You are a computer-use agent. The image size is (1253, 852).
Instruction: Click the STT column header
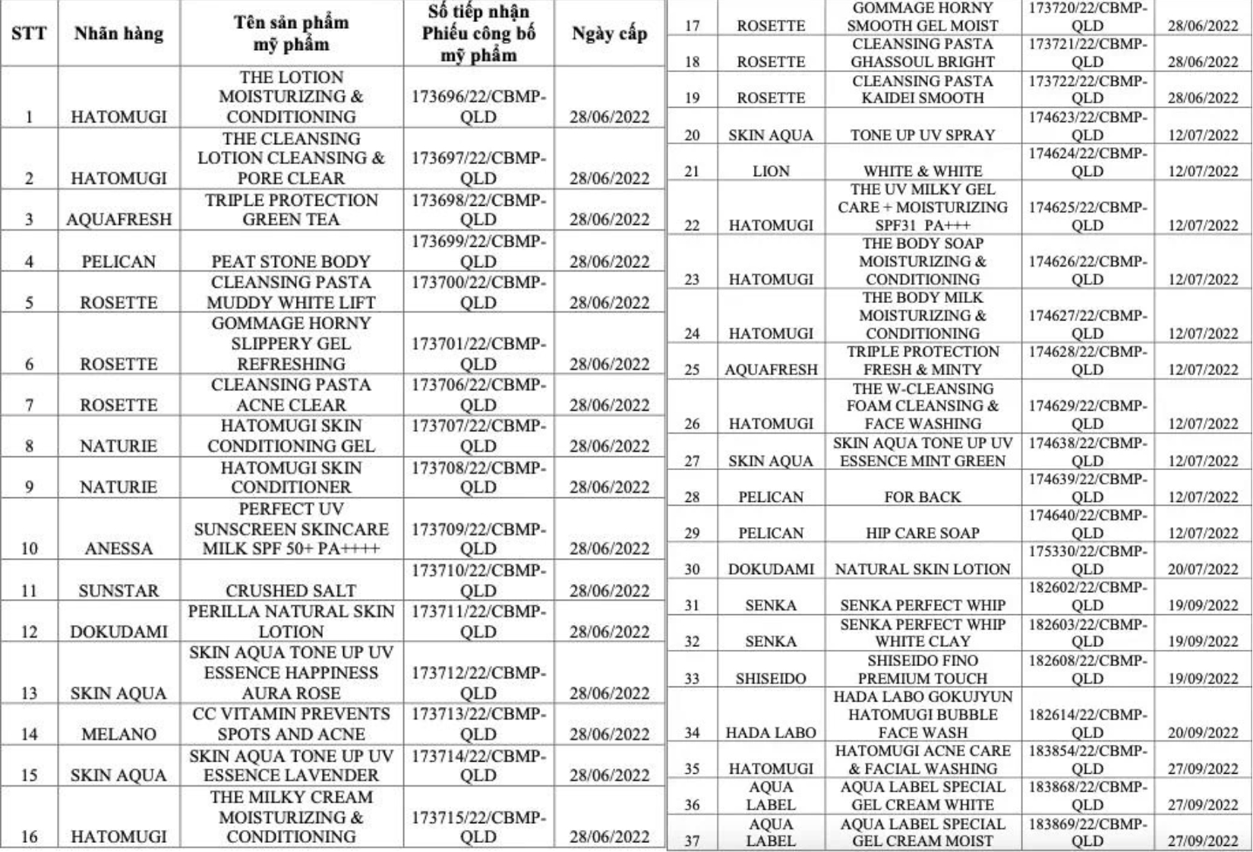click(x=29, y=33)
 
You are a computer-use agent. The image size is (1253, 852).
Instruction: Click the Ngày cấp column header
click(x=609, y=33)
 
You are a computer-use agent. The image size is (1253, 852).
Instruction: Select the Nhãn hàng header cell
click(x=118, y=33)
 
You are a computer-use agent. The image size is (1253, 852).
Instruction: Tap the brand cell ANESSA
click(x=118, y=548)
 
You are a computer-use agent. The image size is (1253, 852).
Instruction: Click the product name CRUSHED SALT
click(x=291, y=590)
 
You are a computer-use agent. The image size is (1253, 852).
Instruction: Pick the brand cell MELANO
click(x=118, y=734)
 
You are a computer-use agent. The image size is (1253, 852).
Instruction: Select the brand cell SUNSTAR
click(x=118, y=590)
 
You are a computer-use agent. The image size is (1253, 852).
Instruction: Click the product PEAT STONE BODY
click(x=291, y=261)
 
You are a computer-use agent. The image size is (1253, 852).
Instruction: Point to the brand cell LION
click(x=771, y=172)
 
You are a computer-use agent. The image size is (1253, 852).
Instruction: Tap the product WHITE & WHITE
click(x=923, y=172)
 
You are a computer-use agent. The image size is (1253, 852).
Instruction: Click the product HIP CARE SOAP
click(x=923, y=533)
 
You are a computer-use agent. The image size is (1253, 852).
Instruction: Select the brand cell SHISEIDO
click(x=771, y=678)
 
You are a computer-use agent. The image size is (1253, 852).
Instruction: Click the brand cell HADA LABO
click(x=771, y=733)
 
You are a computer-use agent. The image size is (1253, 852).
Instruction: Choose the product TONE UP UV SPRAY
click(x=923, y=135)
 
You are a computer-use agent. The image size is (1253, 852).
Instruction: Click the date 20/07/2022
click(x=1203, y=570)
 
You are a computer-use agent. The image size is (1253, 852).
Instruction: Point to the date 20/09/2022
click(x=1203, y=733)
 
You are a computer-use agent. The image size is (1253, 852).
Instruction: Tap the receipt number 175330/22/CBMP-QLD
click(x=1087, y=560)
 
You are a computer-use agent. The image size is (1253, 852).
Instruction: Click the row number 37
click(x=692, y=841)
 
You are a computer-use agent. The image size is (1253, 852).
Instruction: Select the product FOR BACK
click(x=923, y=497)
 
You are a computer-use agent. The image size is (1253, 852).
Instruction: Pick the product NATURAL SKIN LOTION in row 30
click(x=923, y=570)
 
